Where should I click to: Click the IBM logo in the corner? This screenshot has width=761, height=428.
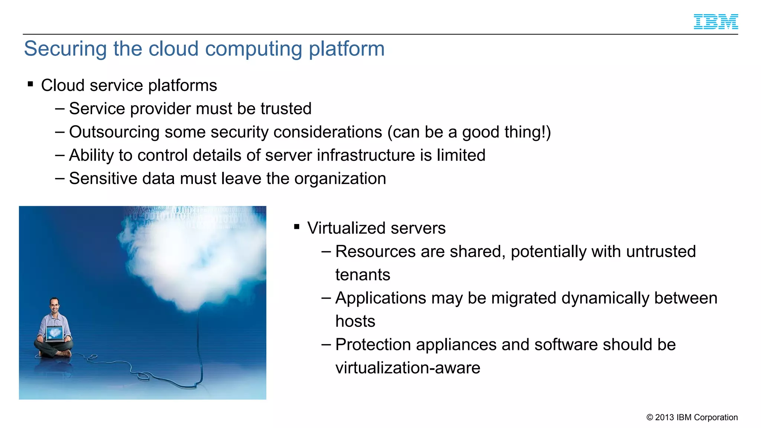click(716, 22)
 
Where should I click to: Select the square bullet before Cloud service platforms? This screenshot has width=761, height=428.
click(30, 84)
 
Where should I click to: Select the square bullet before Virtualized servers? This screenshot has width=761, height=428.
click(297, 227)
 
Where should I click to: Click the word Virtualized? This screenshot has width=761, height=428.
click(346, 228)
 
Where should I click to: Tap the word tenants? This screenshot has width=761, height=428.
click(363, 275)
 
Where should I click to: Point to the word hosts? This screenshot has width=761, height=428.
click(355, 321)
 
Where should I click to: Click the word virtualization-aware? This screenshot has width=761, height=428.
click(408, 368)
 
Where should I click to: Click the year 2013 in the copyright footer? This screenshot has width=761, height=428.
click(664, 417)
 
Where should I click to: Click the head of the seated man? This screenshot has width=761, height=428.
click(55, 305)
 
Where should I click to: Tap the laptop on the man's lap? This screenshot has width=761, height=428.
click(55, 333)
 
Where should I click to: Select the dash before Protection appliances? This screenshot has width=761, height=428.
click(326, 345)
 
